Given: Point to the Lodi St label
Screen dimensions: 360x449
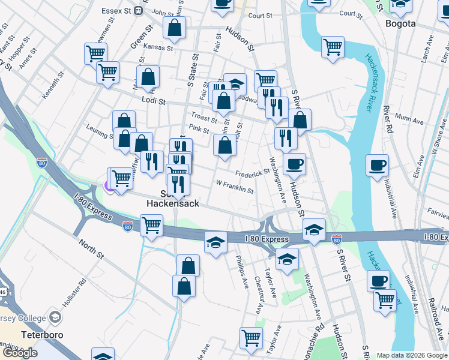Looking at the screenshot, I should pos(153,101).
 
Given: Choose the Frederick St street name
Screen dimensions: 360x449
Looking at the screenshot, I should pos(252,173).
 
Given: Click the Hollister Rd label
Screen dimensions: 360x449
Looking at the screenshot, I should pos(76,290).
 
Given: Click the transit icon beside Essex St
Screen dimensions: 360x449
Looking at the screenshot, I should pos(139,10).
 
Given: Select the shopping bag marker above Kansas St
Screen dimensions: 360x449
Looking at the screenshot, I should pos(174,27).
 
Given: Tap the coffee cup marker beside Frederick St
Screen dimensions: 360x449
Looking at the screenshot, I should pos(294,163).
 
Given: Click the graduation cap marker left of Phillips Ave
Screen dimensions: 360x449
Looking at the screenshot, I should pos(215,242).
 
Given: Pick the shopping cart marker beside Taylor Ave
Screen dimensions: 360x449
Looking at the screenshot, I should pos(251,337).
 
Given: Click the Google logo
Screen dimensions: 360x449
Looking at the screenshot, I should pos(20,353).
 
